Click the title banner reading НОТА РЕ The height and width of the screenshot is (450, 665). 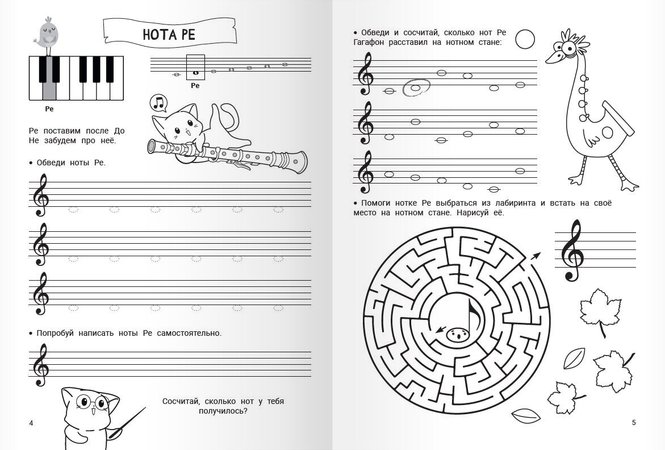pyautogui.click(x=170, y=32)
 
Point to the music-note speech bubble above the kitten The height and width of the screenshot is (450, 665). pyautogui.click(x=158, y=103)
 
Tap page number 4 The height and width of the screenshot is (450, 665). pyautogui.click(x=31, y=423)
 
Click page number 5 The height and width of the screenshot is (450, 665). pyautogui.click(x=634, y=422)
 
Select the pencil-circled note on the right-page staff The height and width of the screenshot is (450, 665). pyautogui.click(x=416, y=88)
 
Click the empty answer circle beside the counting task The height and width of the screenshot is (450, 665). pyautogui.click(x=525, y=39)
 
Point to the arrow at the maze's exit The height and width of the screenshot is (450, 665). pyautogui.click(x=535, y=255)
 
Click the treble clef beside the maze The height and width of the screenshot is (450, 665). pyautogui.click(x=572, y=250)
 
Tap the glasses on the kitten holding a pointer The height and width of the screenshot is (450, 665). pyautogui.click(x=93, y=401)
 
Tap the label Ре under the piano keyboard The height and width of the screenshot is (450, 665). pyautogui.click(x=49, y=109)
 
